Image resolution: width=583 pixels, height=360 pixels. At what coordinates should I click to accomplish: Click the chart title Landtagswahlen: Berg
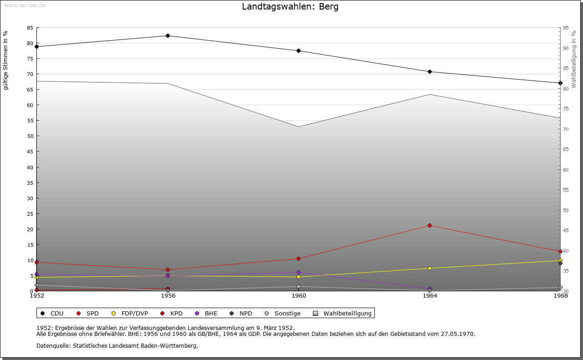[x=290, y=7]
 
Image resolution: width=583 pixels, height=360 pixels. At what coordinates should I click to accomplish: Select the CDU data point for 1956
[x=168, y=35]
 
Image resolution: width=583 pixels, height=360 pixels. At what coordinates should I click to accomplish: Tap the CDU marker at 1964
[x=430, y=71]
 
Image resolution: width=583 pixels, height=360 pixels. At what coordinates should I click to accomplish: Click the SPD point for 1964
[x=430, y=225]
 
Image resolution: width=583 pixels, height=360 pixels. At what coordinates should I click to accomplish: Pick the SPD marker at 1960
[x=298, y=259]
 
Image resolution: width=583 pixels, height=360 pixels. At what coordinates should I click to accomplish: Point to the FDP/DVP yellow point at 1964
[x=430, y=268]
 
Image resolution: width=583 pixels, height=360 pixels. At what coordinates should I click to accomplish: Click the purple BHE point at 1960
[x=298, y=273]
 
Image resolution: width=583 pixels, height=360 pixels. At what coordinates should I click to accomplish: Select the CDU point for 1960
[x=298, y=51]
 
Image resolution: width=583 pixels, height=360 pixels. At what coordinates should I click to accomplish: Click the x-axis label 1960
[x=299, y=296]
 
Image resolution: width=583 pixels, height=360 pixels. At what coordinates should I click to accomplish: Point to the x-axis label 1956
[x=168, y=296]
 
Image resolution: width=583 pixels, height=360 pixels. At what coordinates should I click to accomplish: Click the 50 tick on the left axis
[x=30, y=136]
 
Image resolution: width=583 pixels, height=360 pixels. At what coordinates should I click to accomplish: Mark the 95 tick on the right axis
[x=566, y=28]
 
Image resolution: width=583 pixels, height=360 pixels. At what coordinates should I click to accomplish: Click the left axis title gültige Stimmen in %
[x=6, y=60]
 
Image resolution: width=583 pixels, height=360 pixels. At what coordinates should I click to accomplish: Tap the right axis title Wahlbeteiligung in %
[x=574, y=60]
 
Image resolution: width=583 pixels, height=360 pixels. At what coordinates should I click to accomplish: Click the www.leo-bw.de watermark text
[x=24, y=5]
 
